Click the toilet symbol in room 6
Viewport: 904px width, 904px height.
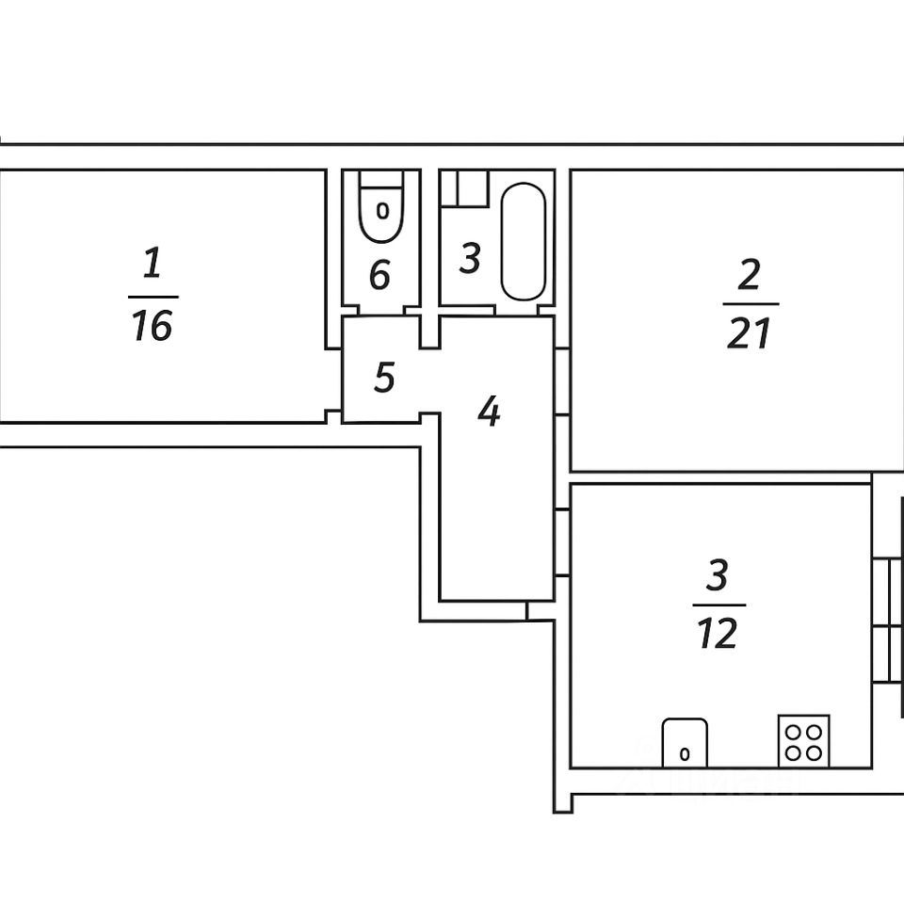(x=381, y=207)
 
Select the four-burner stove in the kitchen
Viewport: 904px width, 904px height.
(x=803, y=740)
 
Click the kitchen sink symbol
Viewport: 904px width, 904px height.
(x=685, y=742)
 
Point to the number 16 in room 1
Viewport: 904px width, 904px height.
(x=153, y=326)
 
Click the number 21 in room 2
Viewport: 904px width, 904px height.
(x=750, y=334)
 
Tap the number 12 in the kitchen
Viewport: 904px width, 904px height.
(x=718, y=635)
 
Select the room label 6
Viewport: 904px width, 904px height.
(x=379, y=276)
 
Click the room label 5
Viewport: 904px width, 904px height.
(x=383, y=378)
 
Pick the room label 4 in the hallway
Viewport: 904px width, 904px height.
(x=488, y=412)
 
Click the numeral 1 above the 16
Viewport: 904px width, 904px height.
(x=152, y=264)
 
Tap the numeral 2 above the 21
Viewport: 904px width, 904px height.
(x=749, y=276)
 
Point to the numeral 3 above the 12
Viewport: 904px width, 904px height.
(x=718, y=574)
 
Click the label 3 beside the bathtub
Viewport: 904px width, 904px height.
(x=471, y=258)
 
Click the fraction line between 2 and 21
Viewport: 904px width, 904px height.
(x=751, y=304)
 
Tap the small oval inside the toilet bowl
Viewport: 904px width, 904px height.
(x=382, y=211)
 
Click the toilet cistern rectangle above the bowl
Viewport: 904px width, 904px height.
(x=381, y=179)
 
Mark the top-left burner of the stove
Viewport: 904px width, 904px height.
(x=794, y=731)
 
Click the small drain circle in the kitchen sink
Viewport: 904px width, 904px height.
(x=685, y=753)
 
